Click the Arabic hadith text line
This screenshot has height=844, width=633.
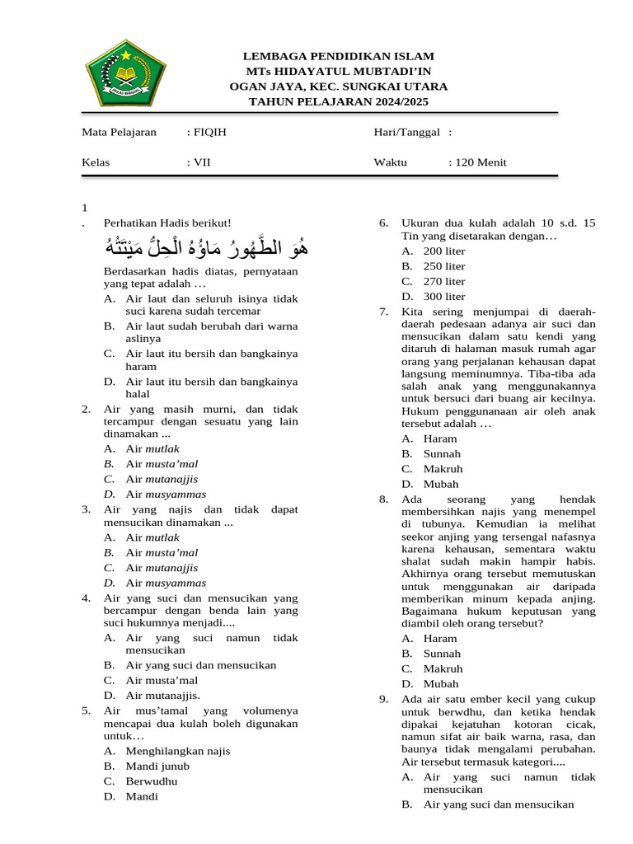click(x=203, y=246)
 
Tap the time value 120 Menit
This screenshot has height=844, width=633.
click(x=477, y=162)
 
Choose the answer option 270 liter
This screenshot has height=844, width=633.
click(x=443, y=281)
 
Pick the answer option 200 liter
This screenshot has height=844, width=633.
click(x=443, y=251)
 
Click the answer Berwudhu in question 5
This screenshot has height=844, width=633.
click(x=152, y=781)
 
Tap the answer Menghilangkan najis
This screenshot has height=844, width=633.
click(x=177, y=751)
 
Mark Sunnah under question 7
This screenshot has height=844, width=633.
click(x=442, y=453)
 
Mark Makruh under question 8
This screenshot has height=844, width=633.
click(x=443, y=668)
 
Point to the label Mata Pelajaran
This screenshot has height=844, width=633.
click(x=119, y=132)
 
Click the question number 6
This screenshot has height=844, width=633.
click(x=383, y=223)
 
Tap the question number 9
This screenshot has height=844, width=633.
click(x=383, y=699)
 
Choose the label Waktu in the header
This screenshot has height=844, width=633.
click(x=391, y=162)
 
